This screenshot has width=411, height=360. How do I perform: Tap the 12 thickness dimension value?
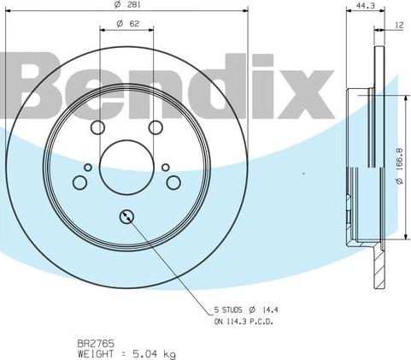pyautogui.click(x=399, y=25)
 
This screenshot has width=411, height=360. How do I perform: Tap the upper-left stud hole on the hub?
pyautogui.click(x=97, y=127)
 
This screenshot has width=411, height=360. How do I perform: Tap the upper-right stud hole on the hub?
pyautogui.click(x=156, y=127)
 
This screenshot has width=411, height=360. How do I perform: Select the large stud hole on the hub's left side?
pyautogui.click(x=80, y=182)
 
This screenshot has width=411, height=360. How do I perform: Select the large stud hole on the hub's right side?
pyautogui.click(x=173, y=182)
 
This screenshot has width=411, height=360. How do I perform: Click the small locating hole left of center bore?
pyautogui.click(x=87, y=168)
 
